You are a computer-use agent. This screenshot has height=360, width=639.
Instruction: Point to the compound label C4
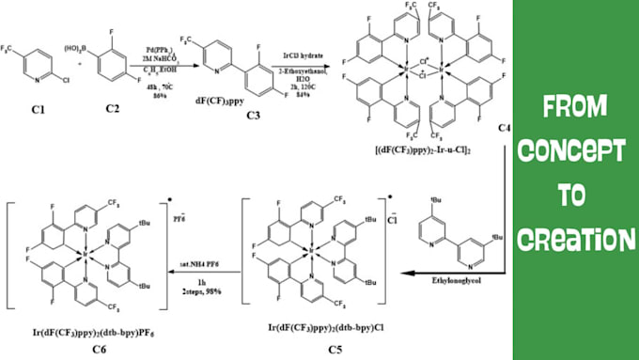[504, 126]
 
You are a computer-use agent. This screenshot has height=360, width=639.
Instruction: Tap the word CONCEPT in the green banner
[575, 150]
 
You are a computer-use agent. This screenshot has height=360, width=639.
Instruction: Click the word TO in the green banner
[575, 194]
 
